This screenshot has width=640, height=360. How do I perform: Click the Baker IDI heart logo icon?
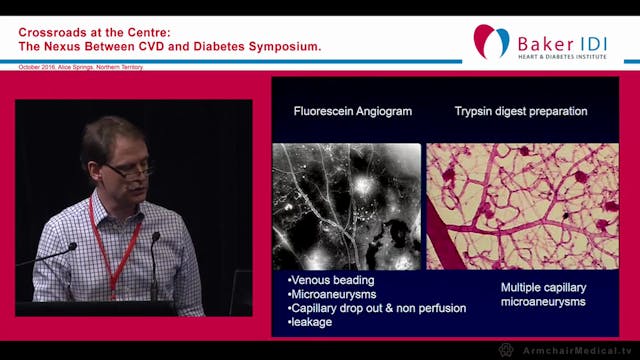tap(491, 40)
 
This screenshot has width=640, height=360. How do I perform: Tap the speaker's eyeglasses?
tap(129, 171)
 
